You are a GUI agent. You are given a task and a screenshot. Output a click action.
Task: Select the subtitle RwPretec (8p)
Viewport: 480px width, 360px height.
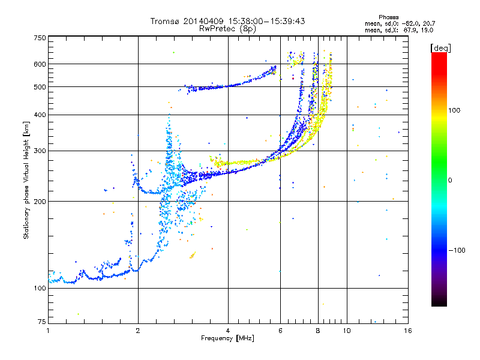click(227, 29)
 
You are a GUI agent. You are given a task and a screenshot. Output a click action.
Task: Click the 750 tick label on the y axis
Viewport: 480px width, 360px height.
click(40, 38)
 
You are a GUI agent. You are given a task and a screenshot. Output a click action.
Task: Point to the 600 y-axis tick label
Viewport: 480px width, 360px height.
click(40, 64)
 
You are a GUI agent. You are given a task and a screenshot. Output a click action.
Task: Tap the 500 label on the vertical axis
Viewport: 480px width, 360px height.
click(40, 87)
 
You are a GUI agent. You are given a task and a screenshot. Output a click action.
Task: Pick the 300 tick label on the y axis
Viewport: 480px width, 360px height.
click(40, 151)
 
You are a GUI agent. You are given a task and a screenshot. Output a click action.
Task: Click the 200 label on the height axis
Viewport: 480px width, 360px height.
click(40, 202)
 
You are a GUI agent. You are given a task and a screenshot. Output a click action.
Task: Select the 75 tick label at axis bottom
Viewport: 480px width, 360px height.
click(42, 322)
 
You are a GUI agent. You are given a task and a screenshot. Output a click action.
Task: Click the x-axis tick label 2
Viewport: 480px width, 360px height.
click(138, 331)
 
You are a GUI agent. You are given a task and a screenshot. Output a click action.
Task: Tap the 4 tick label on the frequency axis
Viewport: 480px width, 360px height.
click(228, 331)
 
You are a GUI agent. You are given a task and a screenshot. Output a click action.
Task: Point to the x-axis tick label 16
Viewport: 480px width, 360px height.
click(408, 331)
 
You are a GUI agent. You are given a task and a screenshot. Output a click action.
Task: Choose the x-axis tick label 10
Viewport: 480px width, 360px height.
click(347, 331)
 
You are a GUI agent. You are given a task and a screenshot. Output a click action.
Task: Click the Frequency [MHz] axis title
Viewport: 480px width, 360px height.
click(227, 338)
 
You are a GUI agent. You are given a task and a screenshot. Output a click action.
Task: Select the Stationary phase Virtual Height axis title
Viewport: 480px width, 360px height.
click(26, 181)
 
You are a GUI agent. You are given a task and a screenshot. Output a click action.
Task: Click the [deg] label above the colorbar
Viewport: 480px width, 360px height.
click(440, 48)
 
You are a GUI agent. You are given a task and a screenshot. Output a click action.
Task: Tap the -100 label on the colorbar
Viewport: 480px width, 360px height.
click(457, 250)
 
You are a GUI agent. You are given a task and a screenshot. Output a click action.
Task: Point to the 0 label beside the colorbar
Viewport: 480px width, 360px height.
click(450, 181)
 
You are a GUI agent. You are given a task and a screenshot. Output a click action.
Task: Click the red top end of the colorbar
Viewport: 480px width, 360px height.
click(439, 54)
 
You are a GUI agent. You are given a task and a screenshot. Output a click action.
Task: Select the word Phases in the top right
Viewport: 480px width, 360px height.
click(388, 17)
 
